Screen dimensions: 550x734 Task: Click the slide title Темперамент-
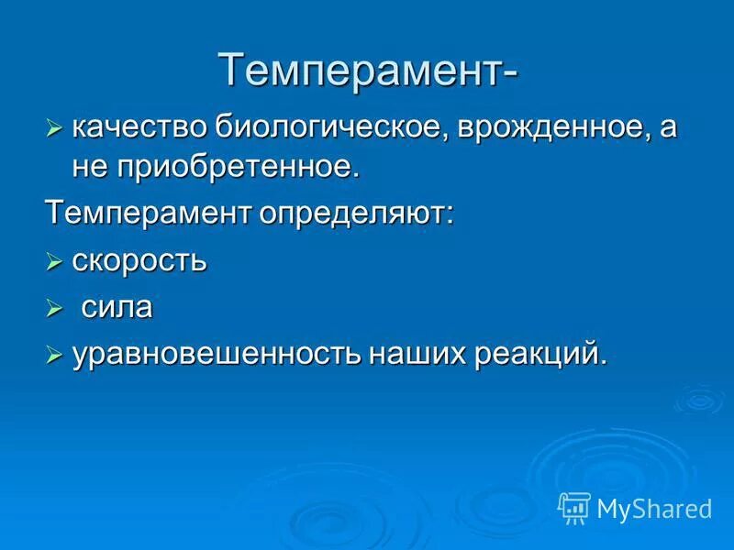pos(367,71)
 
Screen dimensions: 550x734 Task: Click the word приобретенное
pos(237,168)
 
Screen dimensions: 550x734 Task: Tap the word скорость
pos(139,261)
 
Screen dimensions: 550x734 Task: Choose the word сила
pos(117,308)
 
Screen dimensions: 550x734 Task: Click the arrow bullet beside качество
pos(54,128)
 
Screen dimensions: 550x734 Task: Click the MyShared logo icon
pos(574,507)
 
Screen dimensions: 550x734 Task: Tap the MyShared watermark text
pos(653,508)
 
